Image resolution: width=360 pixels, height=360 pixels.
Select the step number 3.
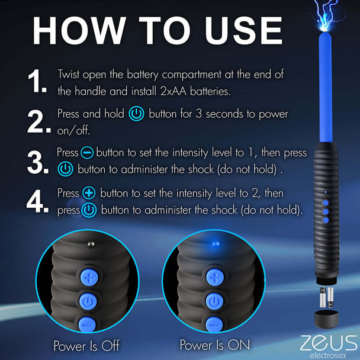(38, 160)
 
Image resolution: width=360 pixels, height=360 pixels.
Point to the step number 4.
(38, 201)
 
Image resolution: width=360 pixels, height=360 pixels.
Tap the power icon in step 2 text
(136, 113)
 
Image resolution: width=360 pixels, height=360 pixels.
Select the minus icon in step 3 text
(87, 153)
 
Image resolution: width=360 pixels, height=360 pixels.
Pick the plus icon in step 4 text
(89, 194)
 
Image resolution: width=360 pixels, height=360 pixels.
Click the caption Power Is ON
(214, 345)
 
